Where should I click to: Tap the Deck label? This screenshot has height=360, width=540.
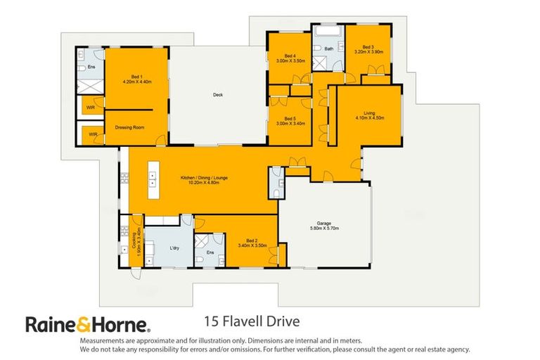click(217, 96)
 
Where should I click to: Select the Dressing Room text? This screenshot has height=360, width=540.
click(129, 127)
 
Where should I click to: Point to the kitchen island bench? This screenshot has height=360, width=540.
click(151, 180)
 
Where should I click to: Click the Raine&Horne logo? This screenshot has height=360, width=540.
click(87, 324)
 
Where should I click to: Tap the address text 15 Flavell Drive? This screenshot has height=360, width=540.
click(251, 322)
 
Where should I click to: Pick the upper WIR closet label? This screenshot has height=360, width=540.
click(90, 108)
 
